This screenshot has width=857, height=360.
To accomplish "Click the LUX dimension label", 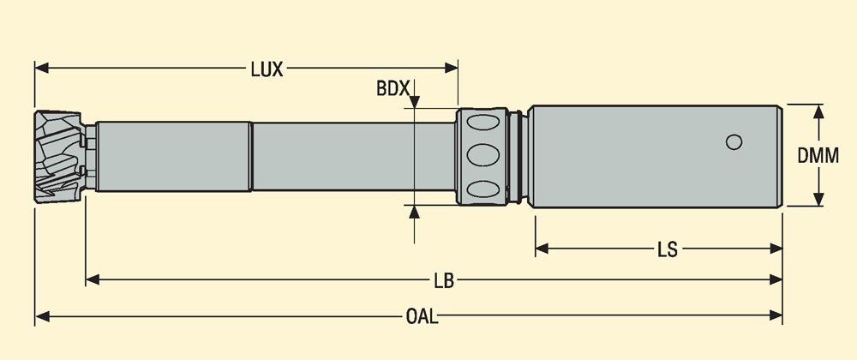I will (267, 69).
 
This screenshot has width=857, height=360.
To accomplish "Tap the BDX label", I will (393, 87).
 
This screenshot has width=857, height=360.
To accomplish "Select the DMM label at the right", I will (818, 155).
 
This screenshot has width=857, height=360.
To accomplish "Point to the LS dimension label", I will (667, 249).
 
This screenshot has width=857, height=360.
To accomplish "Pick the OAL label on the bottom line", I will (421, 317).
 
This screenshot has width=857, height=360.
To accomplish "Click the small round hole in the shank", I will (733, 142).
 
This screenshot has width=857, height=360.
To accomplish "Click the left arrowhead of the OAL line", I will (42, 316).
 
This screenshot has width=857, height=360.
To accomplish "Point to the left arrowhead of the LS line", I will (542, 249).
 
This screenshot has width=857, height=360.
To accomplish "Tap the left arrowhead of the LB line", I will (93, 279).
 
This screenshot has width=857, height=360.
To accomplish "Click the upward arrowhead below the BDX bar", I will (414, 212).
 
